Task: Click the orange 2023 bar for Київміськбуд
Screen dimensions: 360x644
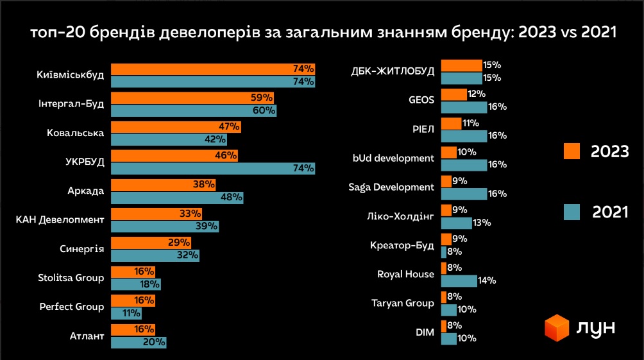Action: [212, 69]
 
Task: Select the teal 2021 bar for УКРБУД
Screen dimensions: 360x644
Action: [212, 169]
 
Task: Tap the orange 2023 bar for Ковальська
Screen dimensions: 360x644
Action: [176, 127]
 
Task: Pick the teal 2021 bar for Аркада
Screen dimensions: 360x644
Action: [176, 198]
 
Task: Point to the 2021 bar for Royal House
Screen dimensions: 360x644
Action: [459, 280]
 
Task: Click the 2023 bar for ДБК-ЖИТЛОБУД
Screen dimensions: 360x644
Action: [461, 65]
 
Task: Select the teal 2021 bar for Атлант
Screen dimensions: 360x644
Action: [138, 342]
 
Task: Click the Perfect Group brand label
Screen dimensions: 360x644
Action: [71, 307]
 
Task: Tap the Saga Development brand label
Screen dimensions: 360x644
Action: [391, 187]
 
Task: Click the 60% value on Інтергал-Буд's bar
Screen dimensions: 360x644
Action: [265, 111]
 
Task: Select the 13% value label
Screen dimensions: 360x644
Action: [481, 223]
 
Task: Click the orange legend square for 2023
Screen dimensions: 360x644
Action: [572, 151]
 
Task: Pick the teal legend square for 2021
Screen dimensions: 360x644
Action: [572, 212]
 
